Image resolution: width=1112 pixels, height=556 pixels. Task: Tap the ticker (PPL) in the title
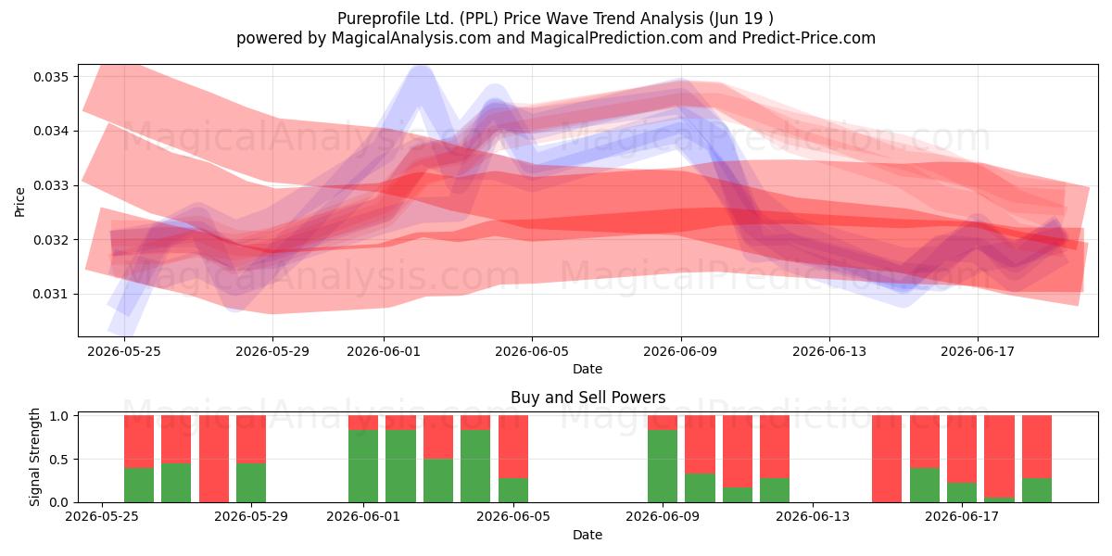coord(478,19)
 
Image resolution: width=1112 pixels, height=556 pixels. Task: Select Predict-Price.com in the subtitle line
coord(809,38)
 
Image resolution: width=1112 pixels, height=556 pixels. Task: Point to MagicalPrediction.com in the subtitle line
coord(616,38)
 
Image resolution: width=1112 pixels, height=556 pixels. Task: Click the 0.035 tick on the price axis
coord(51,77)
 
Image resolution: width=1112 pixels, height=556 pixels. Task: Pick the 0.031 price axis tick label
coord(51,295)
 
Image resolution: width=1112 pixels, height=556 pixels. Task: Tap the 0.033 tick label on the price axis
coord(51,185)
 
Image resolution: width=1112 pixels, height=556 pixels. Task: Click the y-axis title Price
coord(19,203)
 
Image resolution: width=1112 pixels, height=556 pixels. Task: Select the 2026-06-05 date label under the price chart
coord(532,351)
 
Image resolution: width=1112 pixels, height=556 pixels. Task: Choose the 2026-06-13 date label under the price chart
coord(829,351)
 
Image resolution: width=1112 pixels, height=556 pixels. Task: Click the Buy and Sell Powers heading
coord(588,398)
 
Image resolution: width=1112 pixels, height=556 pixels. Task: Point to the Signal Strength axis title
coord(34,457)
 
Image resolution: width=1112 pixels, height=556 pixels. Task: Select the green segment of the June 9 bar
coord(663,466)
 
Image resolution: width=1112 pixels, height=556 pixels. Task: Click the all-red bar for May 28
coord(214,459)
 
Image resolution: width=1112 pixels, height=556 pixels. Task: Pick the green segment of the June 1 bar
coord(363,466)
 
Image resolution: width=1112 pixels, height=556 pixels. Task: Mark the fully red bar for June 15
coord(887,459)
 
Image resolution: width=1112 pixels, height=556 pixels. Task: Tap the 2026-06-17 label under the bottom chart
coord(962,517)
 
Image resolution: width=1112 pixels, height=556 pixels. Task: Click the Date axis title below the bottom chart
coord(588,536)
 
